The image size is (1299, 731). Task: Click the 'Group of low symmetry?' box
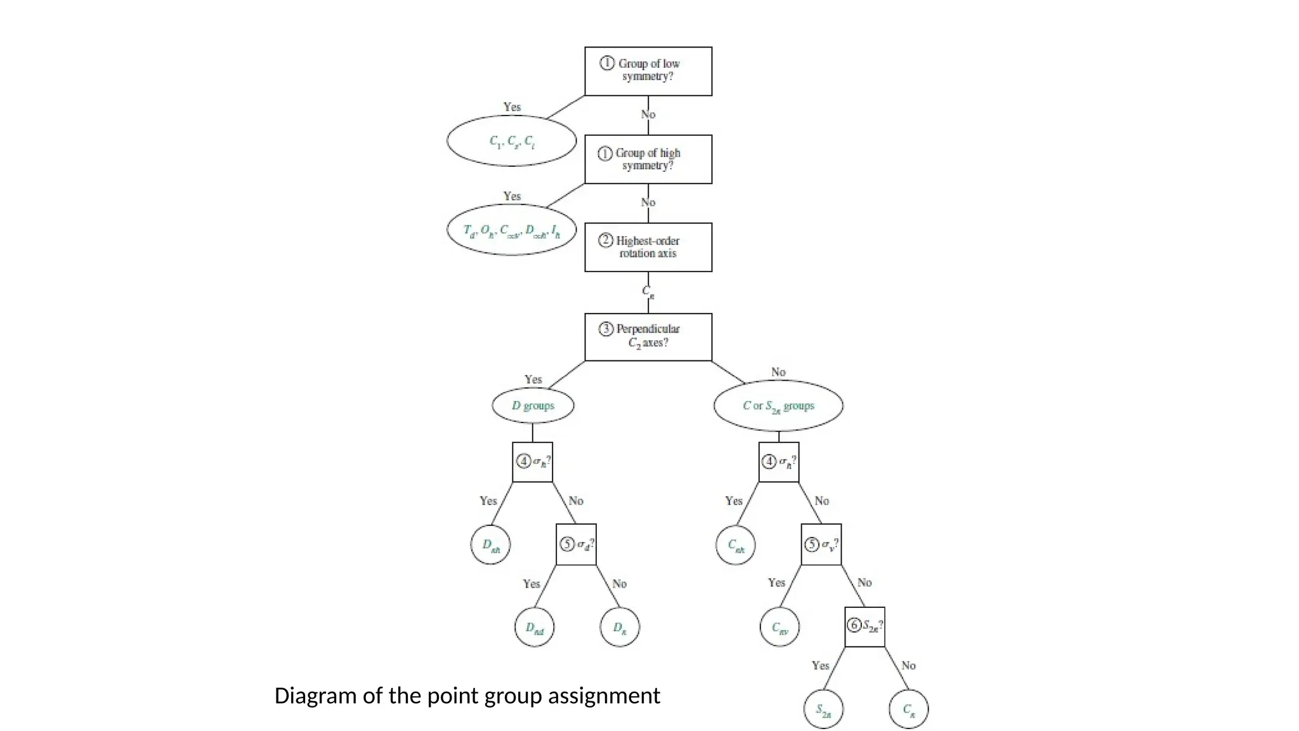coord(648,71)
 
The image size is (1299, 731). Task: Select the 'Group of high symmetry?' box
coord(648,159)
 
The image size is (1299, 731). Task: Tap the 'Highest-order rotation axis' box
coord(648,247)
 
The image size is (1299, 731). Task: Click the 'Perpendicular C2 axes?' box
coord(648,337)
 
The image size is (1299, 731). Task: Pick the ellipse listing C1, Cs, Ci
coord(511,141)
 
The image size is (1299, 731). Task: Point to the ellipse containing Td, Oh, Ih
coord(511,230)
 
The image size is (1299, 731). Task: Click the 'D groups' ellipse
coord(533,405)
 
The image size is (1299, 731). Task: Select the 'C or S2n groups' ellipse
coord(778,405)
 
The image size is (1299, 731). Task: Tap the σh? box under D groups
coord(532,462)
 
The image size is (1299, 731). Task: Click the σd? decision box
coord(576,544)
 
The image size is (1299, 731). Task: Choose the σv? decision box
coord(821,544)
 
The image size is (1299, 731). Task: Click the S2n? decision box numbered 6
coord(865,627)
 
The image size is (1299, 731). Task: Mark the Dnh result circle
coord(490,544)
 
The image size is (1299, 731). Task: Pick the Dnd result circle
coord(534,628)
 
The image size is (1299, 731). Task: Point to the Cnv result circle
coord(780,628)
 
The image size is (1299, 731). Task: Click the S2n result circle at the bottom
coord(823,709)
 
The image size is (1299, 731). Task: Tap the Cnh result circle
coord(735,544)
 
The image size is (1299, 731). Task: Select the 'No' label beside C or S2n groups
coord(778,372)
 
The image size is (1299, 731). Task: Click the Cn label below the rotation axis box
coord(648,292)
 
